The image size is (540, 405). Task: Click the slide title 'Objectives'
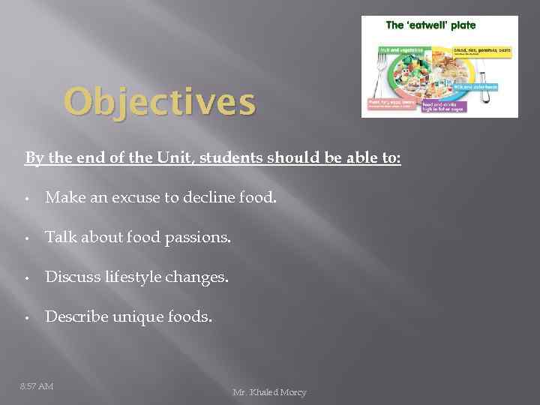(159, 103)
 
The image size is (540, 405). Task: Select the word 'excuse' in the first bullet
(133, 199)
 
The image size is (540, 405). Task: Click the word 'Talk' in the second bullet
(60, 238)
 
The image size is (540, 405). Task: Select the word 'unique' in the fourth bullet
(137, 316)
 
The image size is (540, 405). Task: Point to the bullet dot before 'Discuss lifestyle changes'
(26, 278)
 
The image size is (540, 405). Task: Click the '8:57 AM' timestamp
(37, 386)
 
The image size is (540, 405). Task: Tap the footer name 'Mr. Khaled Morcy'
(269, 392)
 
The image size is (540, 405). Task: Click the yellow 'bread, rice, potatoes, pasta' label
(482, 50)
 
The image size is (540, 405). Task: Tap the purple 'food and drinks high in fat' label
(444, 106)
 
